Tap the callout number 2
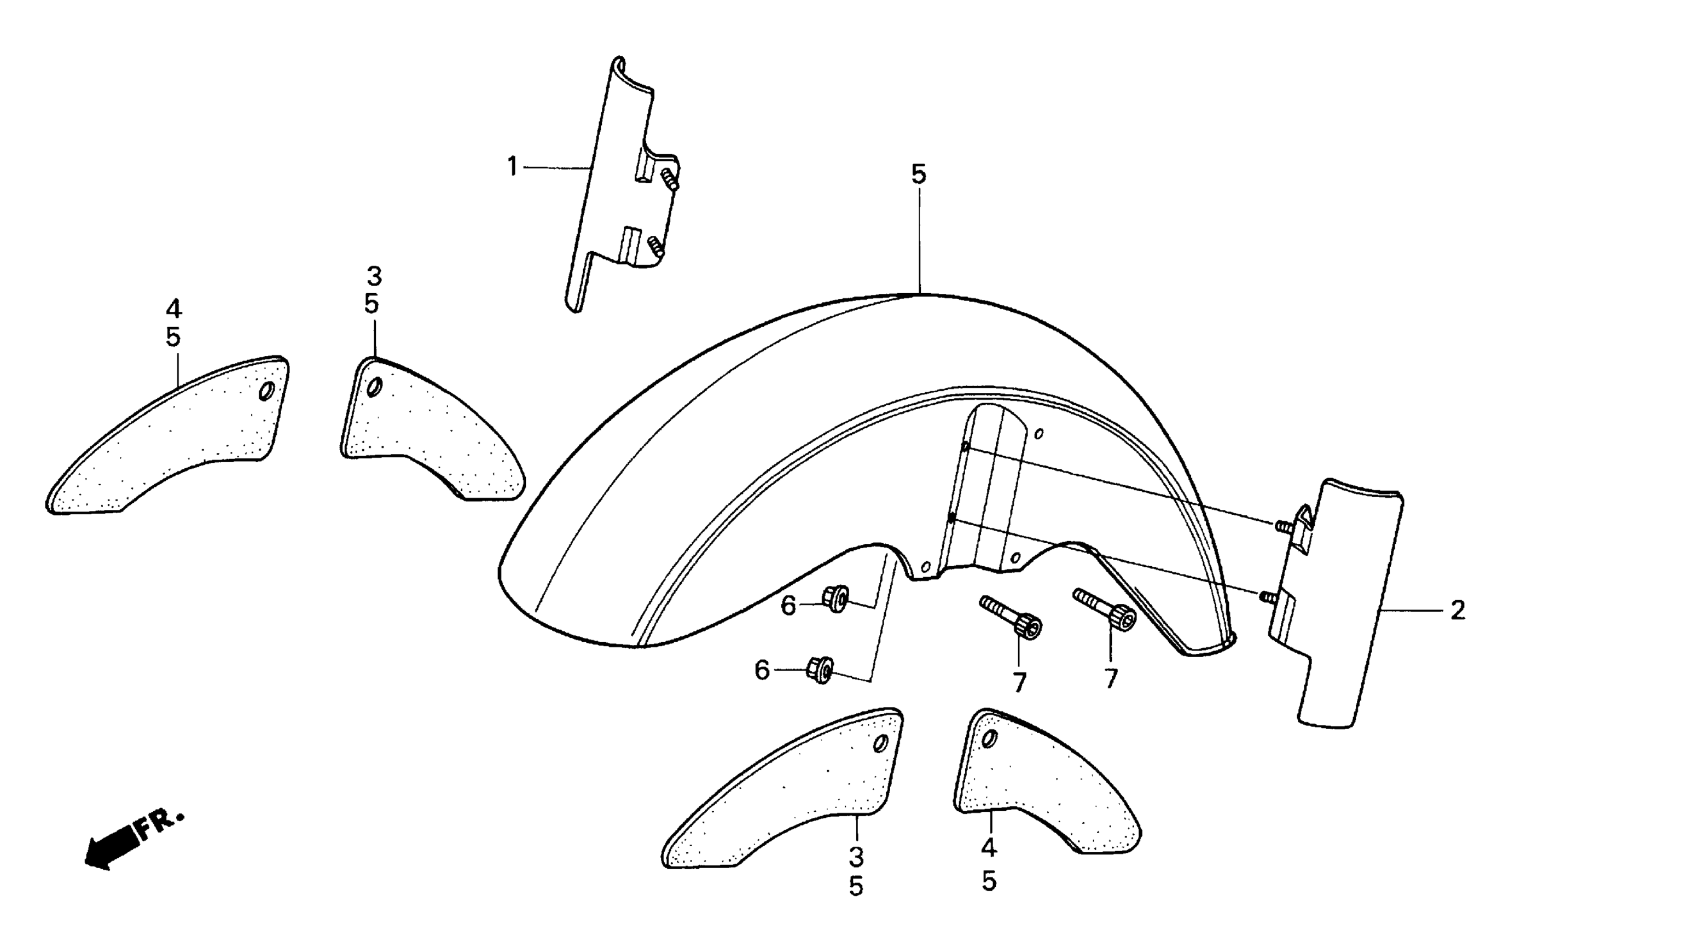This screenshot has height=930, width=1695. pos(1458,611)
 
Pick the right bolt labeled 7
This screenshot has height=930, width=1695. pos(1105,608)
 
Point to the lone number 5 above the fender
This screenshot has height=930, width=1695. pos(919,175)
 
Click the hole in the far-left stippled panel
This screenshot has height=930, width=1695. pos(267,393)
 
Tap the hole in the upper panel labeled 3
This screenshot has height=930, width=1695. pos(373,388)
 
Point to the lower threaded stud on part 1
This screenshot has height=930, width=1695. pos(656,247)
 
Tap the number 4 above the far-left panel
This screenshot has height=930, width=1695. pos(173,309)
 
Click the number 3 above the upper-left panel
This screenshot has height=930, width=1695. pos(374,277)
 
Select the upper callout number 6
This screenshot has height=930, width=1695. pos(788,606)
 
